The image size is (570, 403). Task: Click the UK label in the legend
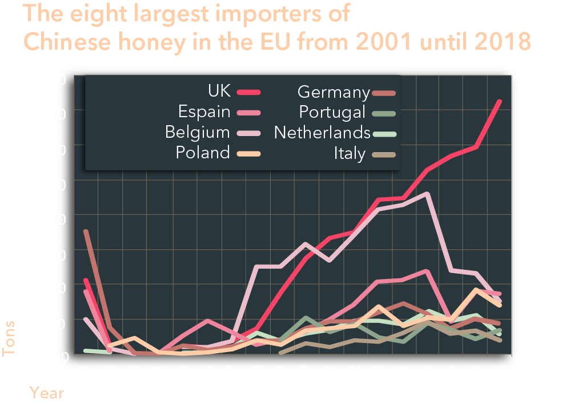219,91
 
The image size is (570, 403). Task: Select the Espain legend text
204,111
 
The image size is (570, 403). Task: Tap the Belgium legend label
197,132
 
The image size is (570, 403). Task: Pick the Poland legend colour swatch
248,153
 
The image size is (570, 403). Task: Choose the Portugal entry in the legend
332,112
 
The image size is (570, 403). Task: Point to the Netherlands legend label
323,133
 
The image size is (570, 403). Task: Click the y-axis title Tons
9,338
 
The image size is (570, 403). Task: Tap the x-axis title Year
47,393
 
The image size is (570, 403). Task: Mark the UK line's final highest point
500,101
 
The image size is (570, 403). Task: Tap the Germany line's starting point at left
86,231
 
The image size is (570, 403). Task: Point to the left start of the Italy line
280,353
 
